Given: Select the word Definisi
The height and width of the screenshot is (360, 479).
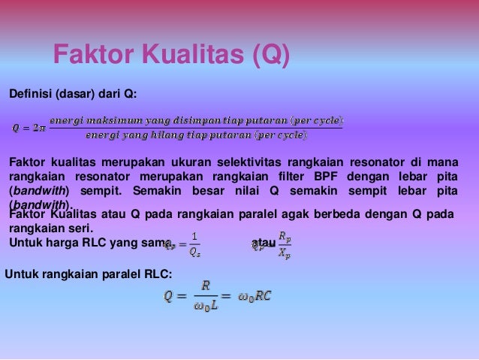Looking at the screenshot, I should click(x=28, y=93).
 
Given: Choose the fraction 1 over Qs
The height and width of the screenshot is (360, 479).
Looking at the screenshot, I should click(x=194, y=244).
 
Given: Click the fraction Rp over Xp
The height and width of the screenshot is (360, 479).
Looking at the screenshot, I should click(x=282, y=244).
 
